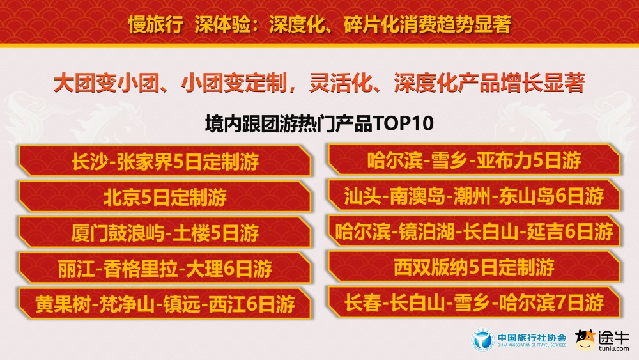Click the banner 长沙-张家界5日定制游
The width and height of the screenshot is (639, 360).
[165, 161]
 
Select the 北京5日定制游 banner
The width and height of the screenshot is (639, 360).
[165, 197]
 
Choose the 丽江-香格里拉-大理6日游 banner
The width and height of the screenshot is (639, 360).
[165, 268]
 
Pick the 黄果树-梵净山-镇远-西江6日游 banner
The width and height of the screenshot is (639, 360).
[165, 304]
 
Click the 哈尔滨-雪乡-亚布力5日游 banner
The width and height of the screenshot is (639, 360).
[473, 160]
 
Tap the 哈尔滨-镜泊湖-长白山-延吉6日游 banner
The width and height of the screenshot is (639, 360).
[473, 231]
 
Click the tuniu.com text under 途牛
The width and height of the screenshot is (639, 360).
[614, 349]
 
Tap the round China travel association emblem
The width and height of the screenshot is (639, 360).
[483, 340]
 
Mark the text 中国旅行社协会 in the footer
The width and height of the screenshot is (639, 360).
[531, 337]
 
